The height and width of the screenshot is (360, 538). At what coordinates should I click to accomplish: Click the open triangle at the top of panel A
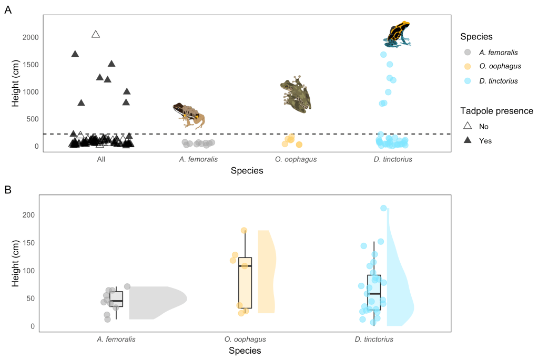96,34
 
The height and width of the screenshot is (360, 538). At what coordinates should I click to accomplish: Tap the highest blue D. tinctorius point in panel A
383,55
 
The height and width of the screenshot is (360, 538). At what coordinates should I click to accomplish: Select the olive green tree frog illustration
296,95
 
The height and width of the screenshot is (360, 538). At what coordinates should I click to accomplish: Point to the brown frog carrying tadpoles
189,115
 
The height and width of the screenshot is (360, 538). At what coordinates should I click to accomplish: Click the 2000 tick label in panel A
30,37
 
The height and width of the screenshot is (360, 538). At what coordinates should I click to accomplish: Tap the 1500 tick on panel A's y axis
30,65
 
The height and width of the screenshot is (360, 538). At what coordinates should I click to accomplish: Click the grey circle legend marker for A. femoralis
468,53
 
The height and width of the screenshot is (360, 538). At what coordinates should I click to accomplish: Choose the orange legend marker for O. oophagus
468,67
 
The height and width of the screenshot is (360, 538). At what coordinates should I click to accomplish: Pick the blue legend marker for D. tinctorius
468,81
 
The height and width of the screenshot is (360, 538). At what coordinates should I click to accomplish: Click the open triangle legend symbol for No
468,126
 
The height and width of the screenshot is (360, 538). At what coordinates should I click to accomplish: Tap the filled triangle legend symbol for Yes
468,140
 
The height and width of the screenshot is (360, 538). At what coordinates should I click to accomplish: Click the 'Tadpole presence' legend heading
496,111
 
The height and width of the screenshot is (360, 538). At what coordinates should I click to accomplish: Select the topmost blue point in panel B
383,208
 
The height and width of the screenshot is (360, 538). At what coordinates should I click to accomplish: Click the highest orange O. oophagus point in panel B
244,230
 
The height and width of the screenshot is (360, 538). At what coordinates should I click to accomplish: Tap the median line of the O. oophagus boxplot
245,266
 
